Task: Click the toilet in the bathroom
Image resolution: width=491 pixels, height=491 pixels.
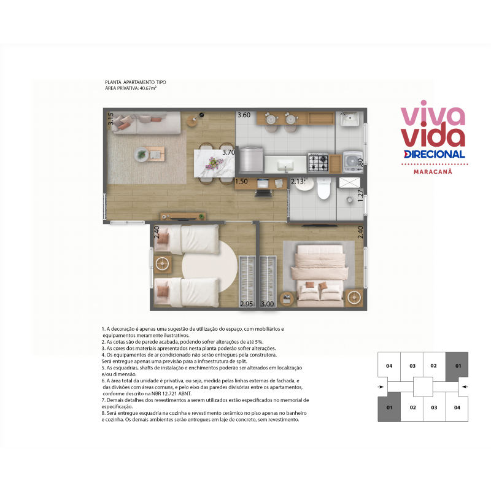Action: pos(323,188)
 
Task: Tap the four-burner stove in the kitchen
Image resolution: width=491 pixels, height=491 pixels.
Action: pos(318,163)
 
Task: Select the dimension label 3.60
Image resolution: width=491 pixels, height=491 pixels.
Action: pos(244,115)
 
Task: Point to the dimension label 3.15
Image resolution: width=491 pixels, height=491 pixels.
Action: pos(110,119)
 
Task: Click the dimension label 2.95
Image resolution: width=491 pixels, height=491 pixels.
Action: pos(247,304)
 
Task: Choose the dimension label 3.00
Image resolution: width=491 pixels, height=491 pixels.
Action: pos(267,304)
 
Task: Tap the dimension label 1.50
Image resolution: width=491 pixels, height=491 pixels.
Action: pos(241,181)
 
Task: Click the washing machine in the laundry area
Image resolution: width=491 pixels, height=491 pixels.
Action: pos(352,162)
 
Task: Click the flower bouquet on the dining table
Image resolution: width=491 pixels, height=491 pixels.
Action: pos(214,162)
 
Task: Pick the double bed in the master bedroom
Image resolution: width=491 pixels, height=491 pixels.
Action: pos(320,276)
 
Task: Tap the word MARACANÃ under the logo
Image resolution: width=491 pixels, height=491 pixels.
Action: pos(433,172)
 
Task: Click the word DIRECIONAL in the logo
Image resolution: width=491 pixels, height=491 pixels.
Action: pos(435,154)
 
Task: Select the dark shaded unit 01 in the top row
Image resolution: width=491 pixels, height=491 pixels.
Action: pos(457,366)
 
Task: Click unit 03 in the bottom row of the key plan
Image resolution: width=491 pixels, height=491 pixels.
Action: pos(434,408)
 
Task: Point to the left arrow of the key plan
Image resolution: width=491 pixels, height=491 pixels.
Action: pos(381,387)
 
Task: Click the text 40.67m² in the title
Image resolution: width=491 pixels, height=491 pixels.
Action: pos(148,88)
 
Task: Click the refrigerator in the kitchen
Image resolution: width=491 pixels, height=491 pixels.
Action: pos(251,160)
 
